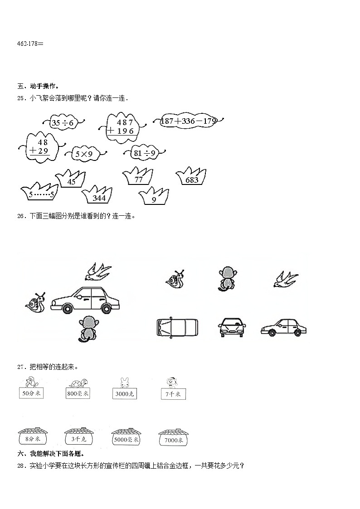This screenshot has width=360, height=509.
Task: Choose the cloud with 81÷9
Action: [x=144, y=153]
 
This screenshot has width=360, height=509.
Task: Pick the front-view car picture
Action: [x=232, y=327]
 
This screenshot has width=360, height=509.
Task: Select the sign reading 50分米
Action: [x=31, y=393]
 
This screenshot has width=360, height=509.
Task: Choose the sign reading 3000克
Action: [x=125, y=394]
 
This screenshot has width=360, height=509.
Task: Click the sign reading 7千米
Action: [x=173, y=394]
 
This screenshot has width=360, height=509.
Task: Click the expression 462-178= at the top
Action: [x=30, y=44]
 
